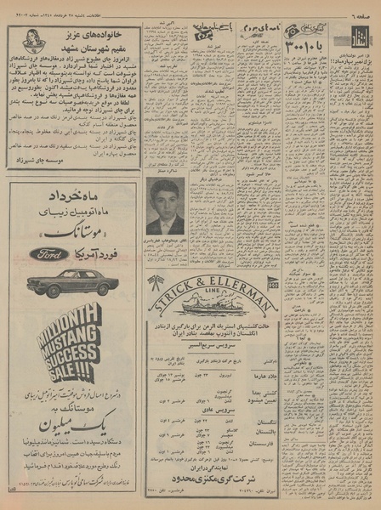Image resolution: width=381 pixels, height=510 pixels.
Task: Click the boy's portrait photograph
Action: click(167, 207)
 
